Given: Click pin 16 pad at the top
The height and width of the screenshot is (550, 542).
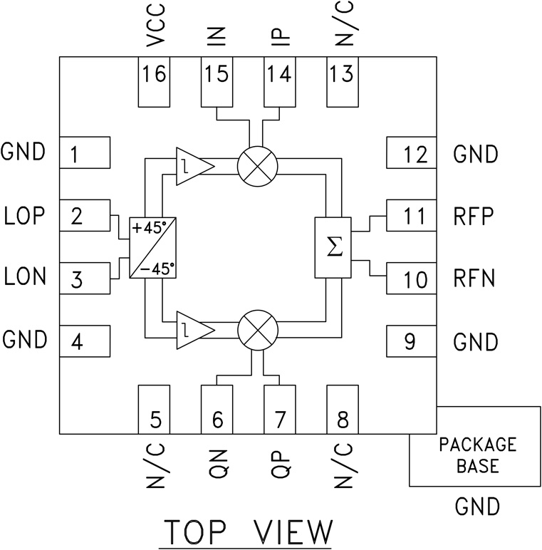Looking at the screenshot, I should pyautogui.click(x=155, y=81).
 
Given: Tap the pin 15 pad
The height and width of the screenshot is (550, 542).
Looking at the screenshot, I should pyautogui.click(x=217, y=81).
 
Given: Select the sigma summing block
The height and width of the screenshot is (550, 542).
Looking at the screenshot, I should pyautogui.click(x=333, y=247).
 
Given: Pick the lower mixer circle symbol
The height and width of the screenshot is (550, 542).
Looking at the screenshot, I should pyautogui.click(x=256, y=332).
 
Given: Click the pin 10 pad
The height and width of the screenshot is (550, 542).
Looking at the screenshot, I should pyautogui.click(x=411, y=278).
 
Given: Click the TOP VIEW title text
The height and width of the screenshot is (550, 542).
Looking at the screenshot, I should pyautogui.click(x=247, y=533).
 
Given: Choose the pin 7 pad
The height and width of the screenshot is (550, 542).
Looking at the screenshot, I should pyautogui.click(x=280, y=408).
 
